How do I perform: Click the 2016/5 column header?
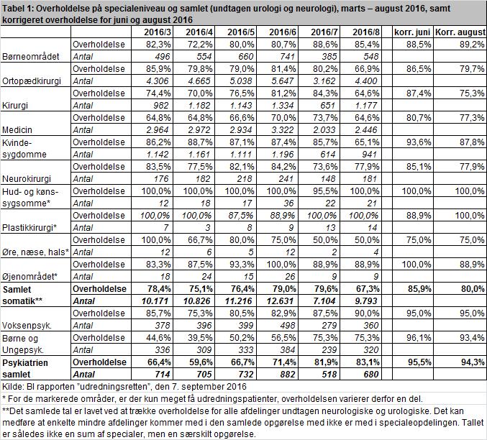pyautogui.click(x=241, y=32)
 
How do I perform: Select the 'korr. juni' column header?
pyautogui.click(x=412, y=32)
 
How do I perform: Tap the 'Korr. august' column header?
pyautogui.click(x=460, y=32)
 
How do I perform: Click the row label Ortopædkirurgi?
pyautogui.click(x=32, y=81)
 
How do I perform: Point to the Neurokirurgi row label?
pyautogui.click(x=27, y=179)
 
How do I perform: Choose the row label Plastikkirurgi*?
pyautogui.click(x=29, y=228)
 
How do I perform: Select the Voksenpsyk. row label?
pyautogui.click(x=27, y=326)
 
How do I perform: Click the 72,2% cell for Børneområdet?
pyautogui.click(x=199, y=45)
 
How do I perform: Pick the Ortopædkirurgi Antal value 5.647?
pyautogui.click(x=282, y=81)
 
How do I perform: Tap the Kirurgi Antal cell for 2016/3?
pyautogui.click(x=160, y=106)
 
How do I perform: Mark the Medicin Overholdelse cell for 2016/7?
pyautogui.click(x=324, y=118)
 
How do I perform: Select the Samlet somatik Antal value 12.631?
pyautogui.click(x=281, y=301)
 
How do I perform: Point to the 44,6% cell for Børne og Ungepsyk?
pyautogui.click(x=158, y=337)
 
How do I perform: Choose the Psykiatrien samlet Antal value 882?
pyautogui.click(x=287, y=374)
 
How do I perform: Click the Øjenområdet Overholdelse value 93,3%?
pyautogui.click(x=241, y=265)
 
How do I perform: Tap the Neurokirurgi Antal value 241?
pyautogui.click(x=286, y=179)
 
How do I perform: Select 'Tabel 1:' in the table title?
pyautogui.click(x=17, y=9)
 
